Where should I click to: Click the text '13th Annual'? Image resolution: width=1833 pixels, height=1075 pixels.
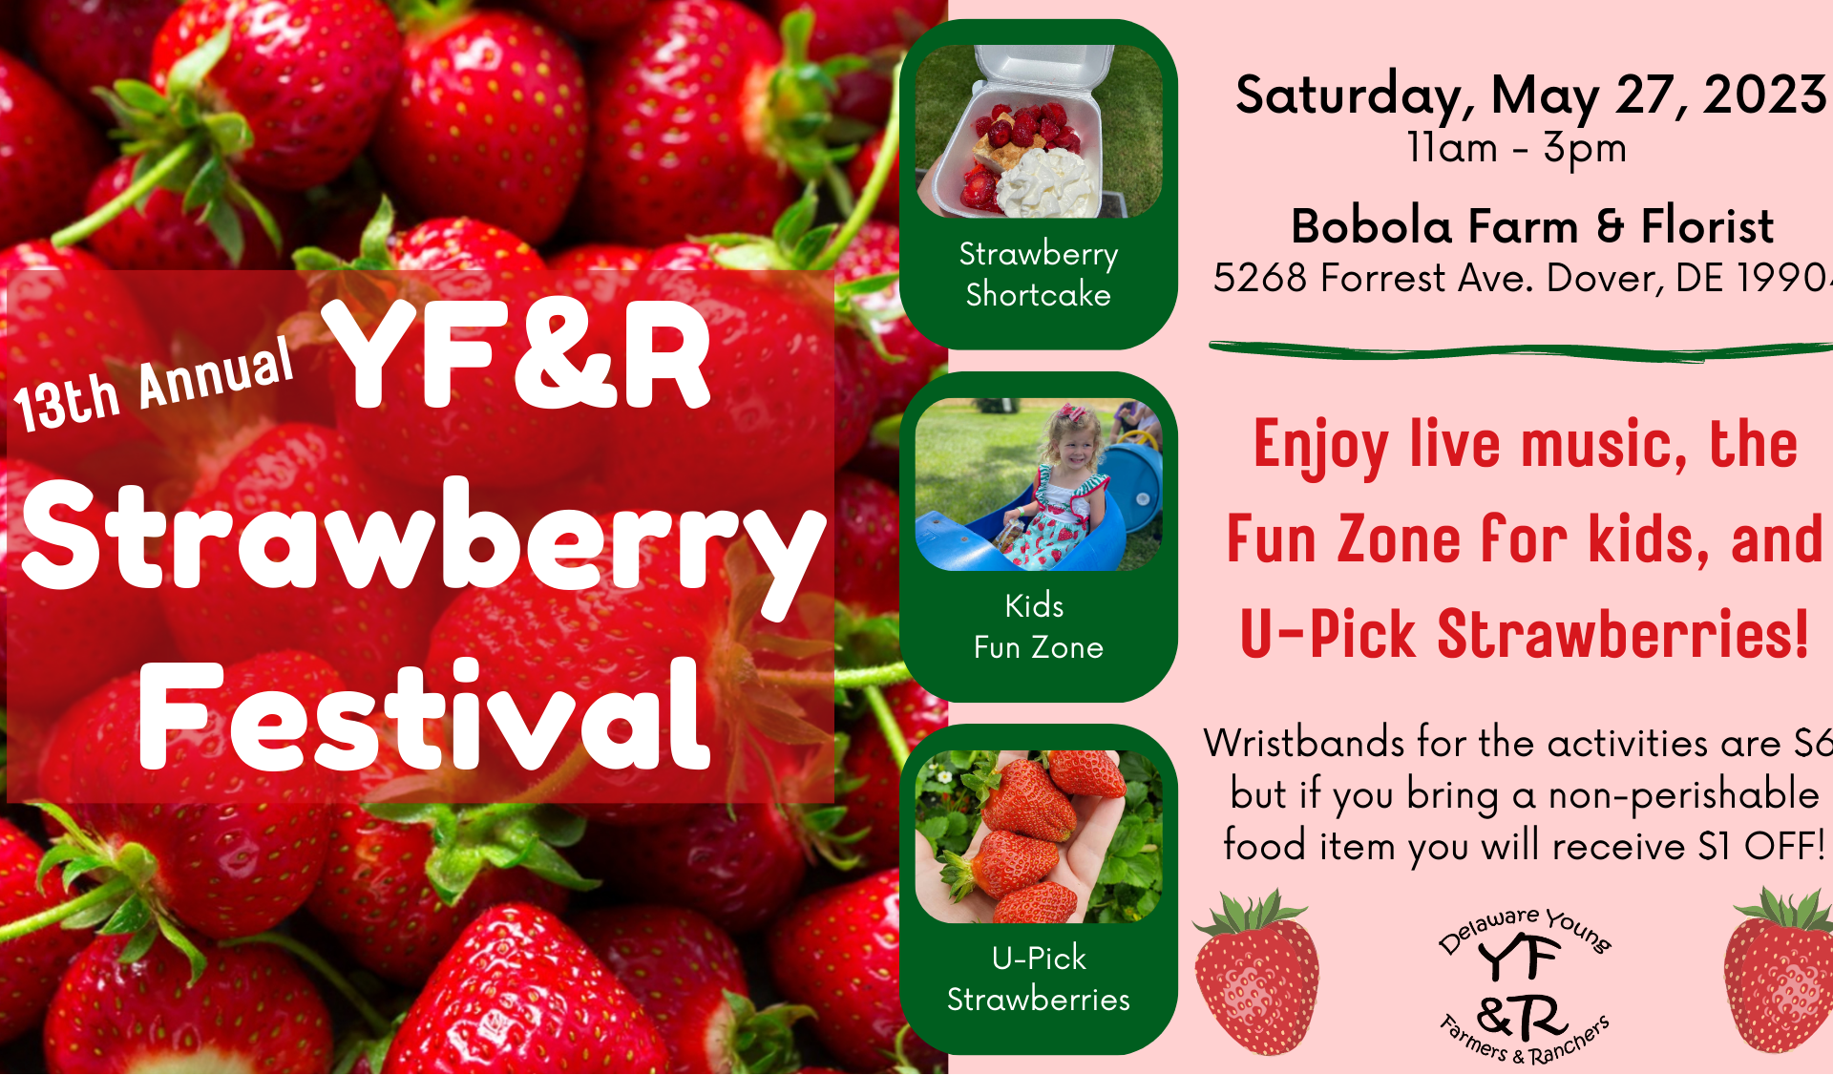click(x=153, y=384)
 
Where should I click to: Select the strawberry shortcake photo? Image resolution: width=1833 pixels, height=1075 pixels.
click(x=1039, y=132)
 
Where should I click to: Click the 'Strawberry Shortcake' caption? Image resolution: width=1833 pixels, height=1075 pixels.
click(x=1039, y=274)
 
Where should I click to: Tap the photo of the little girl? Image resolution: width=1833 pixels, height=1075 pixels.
click(x=1039, y=484)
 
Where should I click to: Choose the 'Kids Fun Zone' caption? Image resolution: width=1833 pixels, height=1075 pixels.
click(x=1039, y=626)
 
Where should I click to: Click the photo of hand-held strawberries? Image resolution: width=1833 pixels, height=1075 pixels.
click(x=1039, y=836)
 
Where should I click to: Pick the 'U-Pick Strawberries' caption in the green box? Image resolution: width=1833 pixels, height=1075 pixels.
click(x=1039, y=979)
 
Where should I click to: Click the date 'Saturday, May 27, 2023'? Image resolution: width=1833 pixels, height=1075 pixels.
click(x=1531, y=96)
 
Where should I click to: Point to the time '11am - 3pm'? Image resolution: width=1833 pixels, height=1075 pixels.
click(x=1517, y=148)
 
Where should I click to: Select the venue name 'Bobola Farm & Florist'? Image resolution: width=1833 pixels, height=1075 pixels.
click(x=1532, y=226)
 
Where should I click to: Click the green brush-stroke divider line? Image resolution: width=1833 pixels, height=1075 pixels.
click(x=1521, y=351)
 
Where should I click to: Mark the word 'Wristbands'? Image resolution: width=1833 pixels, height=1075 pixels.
click(x=1304, y=743)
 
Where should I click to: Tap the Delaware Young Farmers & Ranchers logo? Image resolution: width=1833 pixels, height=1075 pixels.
click(x=1525, y=985)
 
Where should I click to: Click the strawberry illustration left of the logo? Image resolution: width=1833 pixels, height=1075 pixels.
click(x=1256, y=972)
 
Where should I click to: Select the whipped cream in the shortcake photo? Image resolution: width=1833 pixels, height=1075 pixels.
click(x=1048, y=184)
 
